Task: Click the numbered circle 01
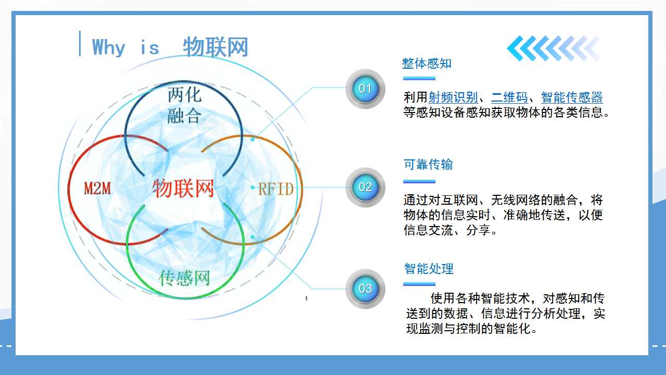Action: pyautogui.click(x=365, y=89)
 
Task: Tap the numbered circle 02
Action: pyautogui.click(x=365, y=187)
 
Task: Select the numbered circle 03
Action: pyautogui.click(x=365, y=289)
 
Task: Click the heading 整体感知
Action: pyautogui.click(x=427, y=64)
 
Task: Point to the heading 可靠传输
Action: pyautogui.click(x=428, y=164)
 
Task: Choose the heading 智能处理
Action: pyautogui.click(x=429, y=269)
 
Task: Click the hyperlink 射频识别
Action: pyautogui.click(x=453, y=97)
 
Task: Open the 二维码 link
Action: pyautogui.click(x=509, y=97)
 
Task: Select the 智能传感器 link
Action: pyautogui.click(x=572, y=97)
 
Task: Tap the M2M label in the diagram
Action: pyautogui.click(x=97, y=188)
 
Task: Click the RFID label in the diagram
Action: pyautogui.click(x=276, y=189)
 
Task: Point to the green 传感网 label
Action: pyautogui.click(x=185, y=278)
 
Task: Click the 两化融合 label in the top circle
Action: pyautogui.click(x=184, y=105)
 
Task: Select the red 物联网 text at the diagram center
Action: pyautogui.click(x=183, y=188)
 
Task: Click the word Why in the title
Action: pyautogui.click(x=109, y=47)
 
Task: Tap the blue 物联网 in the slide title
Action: pyautogui.click(x=215, y=47)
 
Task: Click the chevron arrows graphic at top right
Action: pyautogui.click(x=554, y=48)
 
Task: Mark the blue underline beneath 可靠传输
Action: pyautogui.click(x=419, y=181)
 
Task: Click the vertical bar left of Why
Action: pyautogui.click(x=80, y=43)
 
